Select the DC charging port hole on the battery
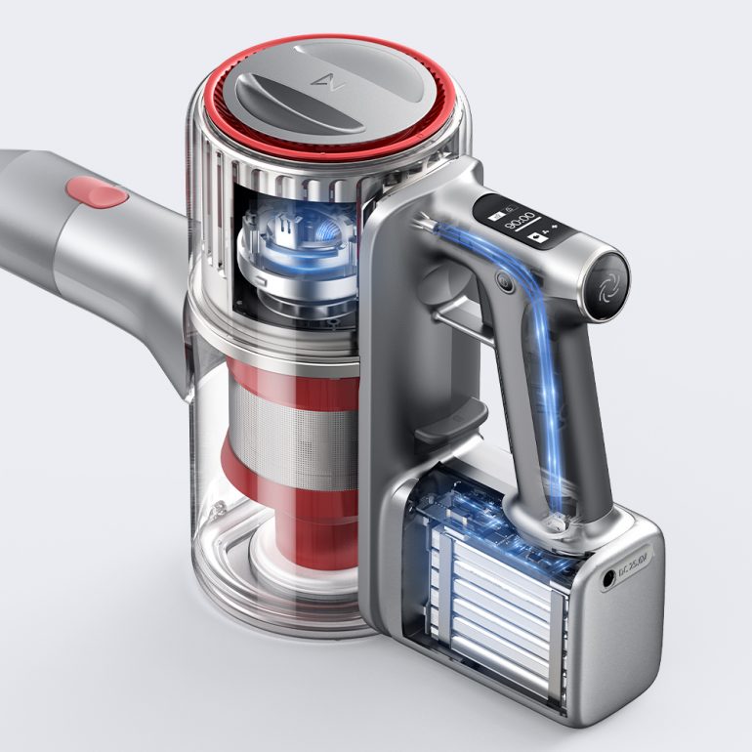(611, 578)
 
